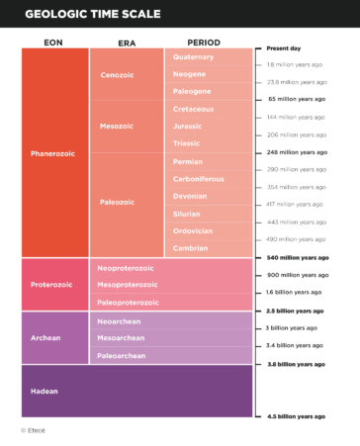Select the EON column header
pos(54,43)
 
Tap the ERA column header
pos(126,43)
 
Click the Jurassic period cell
pos(187,126)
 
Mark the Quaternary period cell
pos(193,57)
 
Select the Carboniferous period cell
pos(198,179)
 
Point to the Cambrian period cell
pos(189,248)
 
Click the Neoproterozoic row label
pos(126,268)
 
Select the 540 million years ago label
pos(299,257)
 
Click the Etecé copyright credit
pos(33,430)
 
